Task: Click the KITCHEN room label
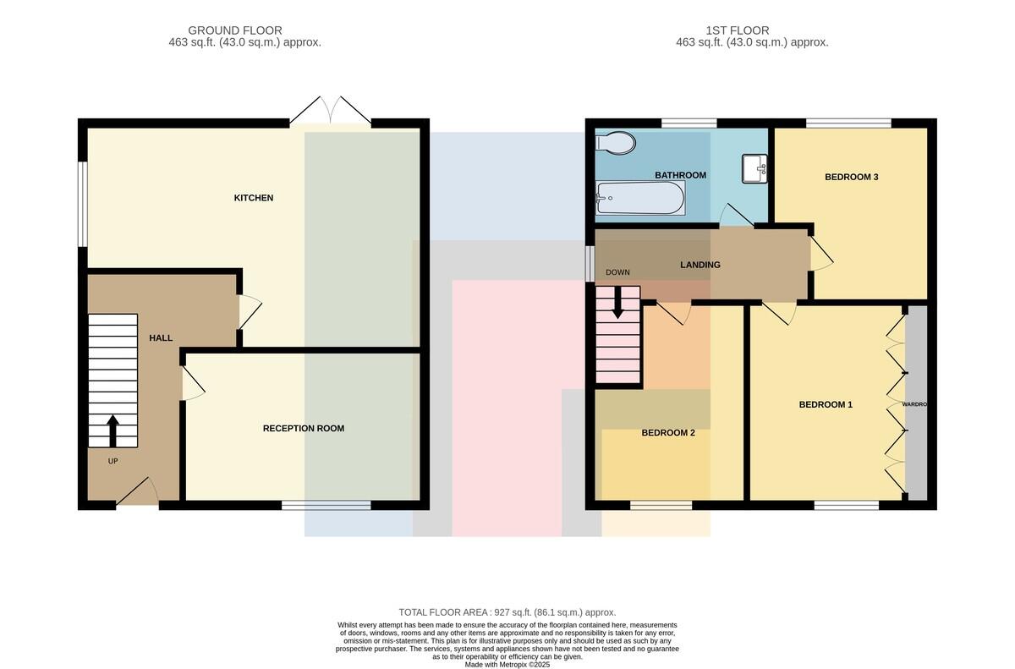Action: tap(253, 198)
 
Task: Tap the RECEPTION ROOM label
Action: tap(304, 429)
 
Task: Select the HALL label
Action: tap(161, 338)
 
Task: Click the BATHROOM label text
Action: tap(680, 175)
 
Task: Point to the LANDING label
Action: tap(700, 265)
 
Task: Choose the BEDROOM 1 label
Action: tap(826, 404)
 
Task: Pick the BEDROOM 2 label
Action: tap(668, 433)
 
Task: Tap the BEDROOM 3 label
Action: tap(852, 177)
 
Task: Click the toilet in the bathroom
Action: tap(616, 143)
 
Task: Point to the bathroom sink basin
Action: tap(754, 168)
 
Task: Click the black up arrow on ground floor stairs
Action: tap(112, 431)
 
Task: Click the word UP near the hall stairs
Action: tap(112, 461)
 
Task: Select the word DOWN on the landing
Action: tap(617, 272)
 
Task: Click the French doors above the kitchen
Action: tap(331, 110)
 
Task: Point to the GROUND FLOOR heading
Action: tap(235, 30)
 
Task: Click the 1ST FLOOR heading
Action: tap(738, 30)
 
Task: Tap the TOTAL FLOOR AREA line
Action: tap(507, 612)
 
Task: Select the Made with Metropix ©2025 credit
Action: tap(507, 665)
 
